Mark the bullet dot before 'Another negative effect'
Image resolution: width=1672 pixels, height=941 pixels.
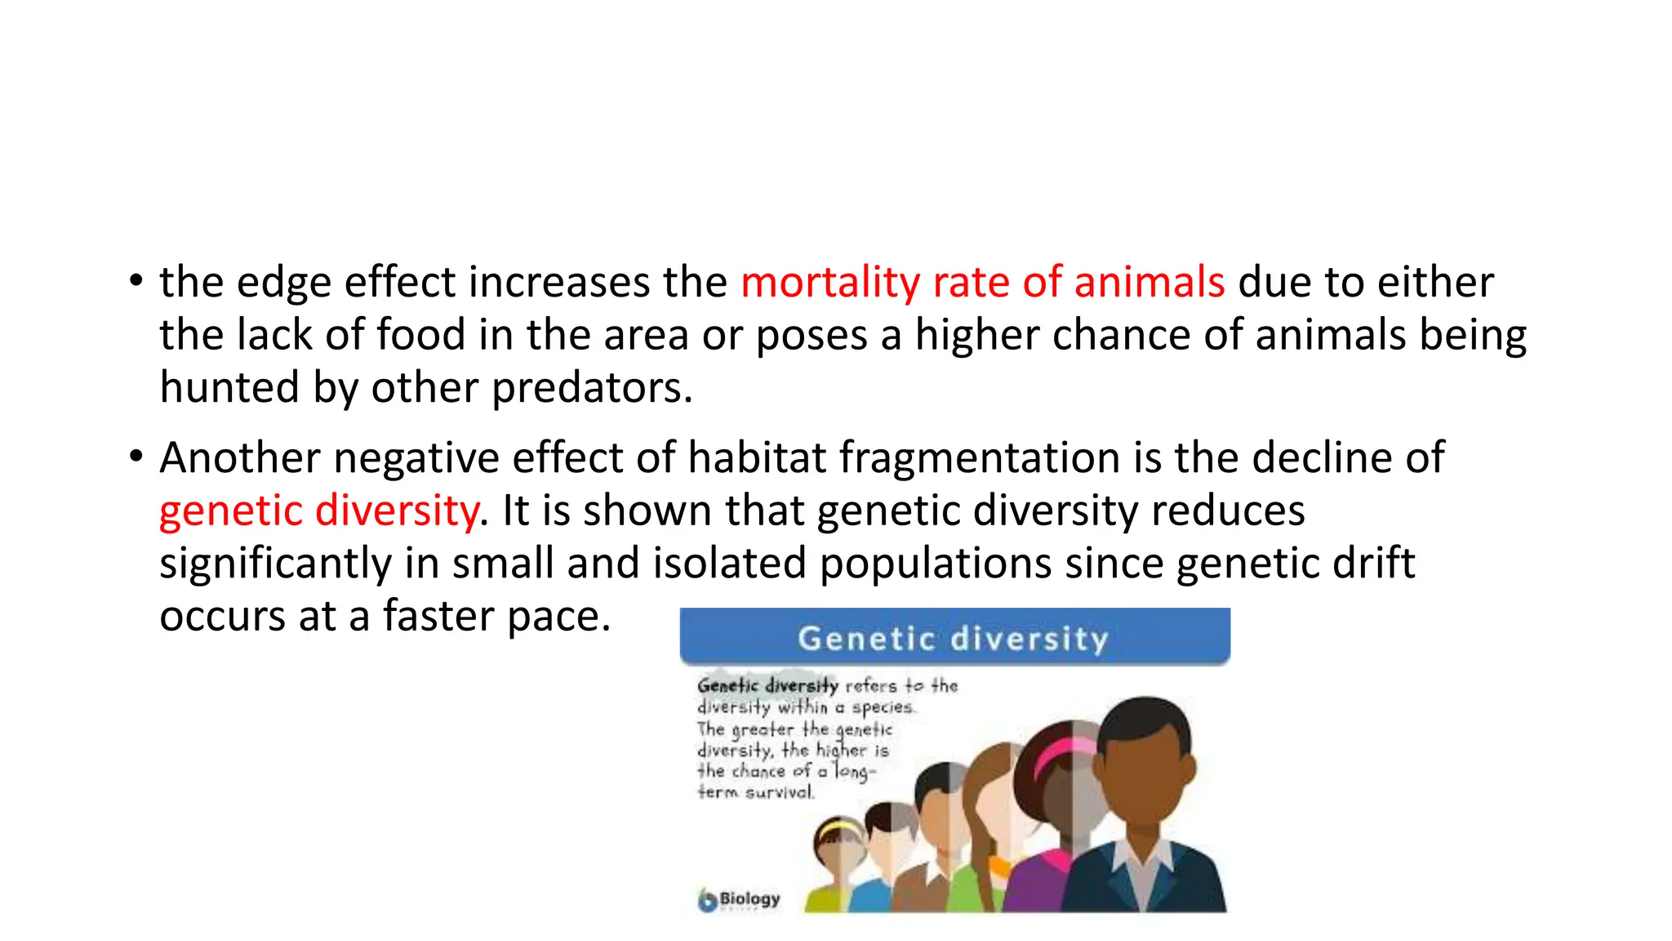pos(136,457)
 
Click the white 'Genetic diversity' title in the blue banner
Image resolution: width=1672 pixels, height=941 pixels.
pos(953,638)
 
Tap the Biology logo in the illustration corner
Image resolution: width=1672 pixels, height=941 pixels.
pos(739,899)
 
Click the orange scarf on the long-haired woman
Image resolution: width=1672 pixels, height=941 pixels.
pos(998,866)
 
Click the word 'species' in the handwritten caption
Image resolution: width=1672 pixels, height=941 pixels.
pos(881,707)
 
